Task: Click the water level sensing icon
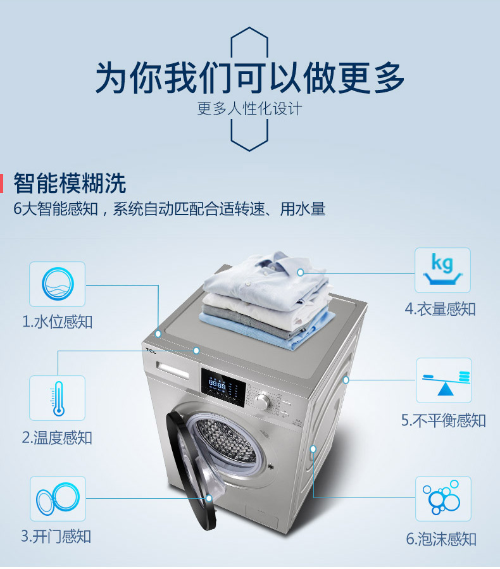[58, 284]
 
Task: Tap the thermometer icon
[58, 398]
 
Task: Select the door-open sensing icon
[58, 499]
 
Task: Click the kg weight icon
[442, 269]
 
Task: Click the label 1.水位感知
[58, 322]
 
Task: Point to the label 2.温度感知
[57, 437]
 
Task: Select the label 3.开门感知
[56, 536]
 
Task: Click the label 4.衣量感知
[440, 309]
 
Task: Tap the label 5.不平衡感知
[444, 421]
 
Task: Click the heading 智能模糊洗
[70, 183]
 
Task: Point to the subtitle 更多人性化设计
[249, 108]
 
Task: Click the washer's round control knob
[262, 401]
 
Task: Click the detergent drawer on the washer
[173, 370]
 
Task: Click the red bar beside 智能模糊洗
[1, 184]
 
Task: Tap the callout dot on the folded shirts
[300, 272]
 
